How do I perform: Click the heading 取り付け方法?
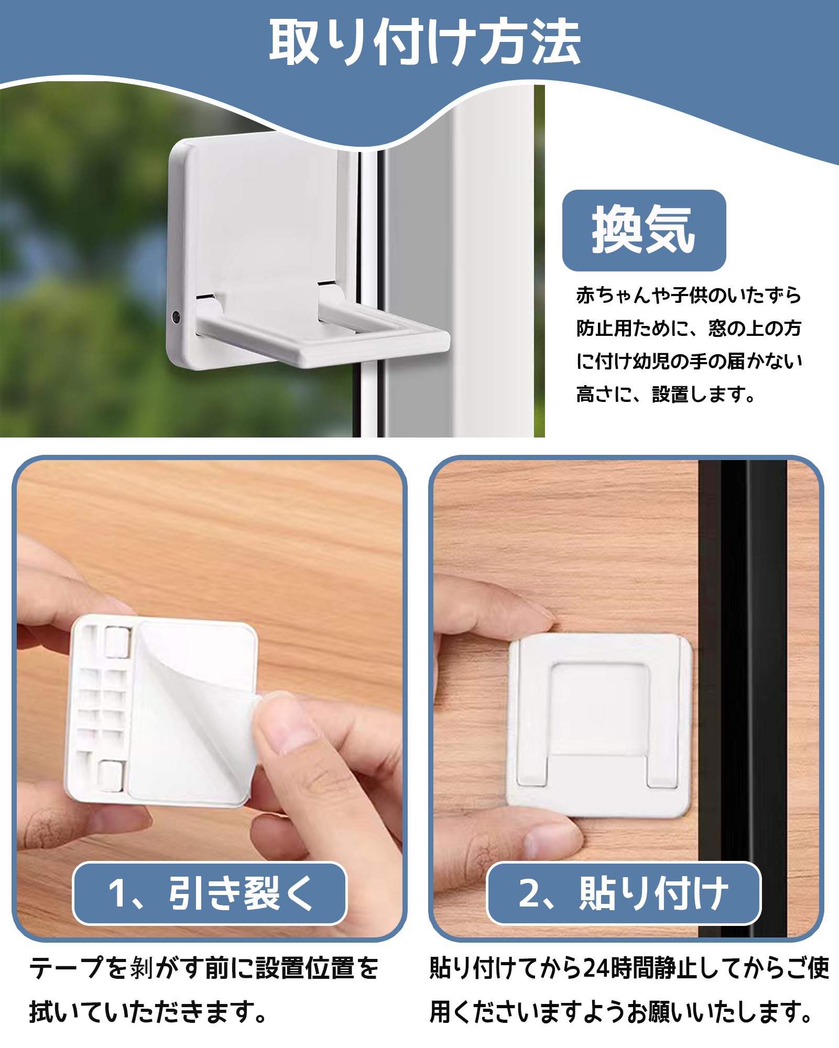[x=424, y=42]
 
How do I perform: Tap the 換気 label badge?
[x=644, y=230]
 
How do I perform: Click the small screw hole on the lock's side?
[x=176, y=316]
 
